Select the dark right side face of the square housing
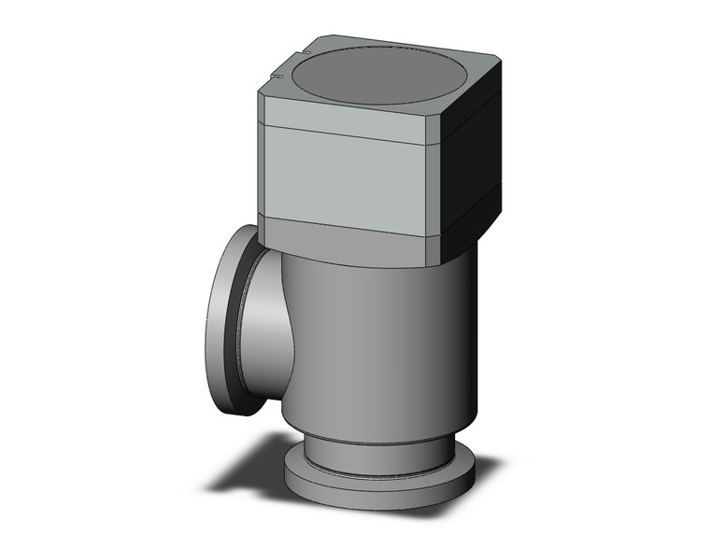(473, 163)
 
